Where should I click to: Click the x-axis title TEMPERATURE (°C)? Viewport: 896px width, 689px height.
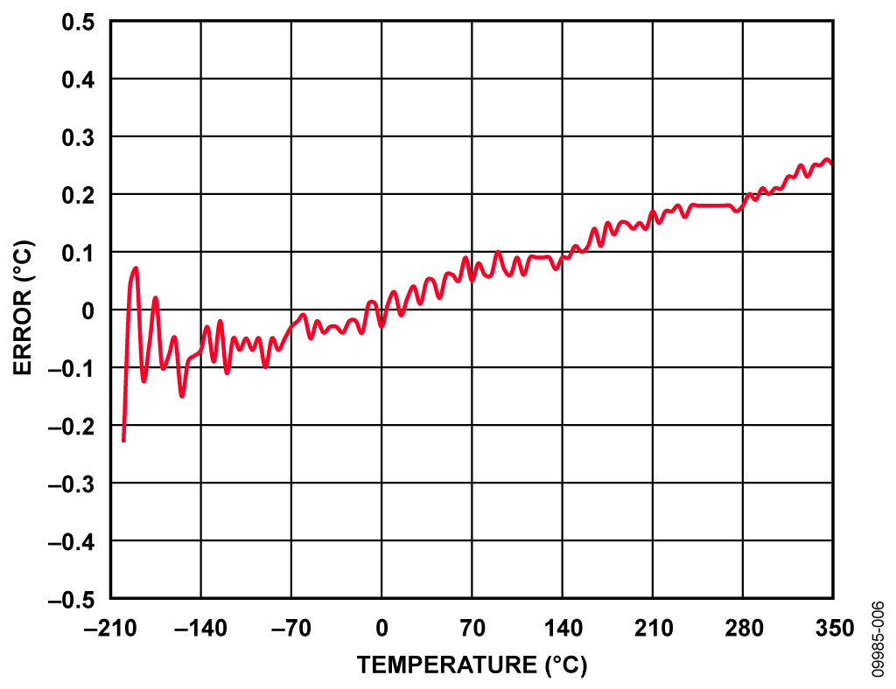pyautogui.click(x=472, y=665)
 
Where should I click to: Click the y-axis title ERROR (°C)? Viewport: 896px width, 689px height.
pyautogui.click(x=24, y=310)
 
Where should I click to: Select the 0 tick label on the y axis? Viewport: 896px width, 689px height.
pyautogui.click(x=88, y=310)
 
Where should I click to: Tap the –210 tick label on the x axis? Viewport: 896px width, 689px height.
pyautogui.click(x=110, y=628)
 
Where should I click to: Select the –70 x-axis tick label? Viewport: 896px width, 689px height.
pyautogui.click(x=290, y=628)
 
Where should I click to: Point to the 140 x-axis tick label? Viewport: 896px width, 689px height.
pyautogui.click(x=562, y=628)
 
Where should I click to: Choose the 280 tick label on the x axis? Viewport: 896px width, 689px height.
pyautogui.click(x=742, y=628)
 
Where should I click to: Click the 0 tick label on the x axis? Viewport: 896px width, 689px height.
pyautogui.click(x=381, y=628)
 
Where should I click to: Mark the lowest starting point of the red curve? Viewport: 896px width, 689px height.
pyautogui.click(x=123, y=441)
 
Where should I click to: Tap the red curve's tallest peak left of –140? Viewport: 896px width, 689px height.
pyautogui.click(x=136, y=268)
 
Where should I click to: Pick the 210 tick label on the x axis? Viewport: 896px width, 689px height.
pyautogui.click(x=652, y=628)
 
